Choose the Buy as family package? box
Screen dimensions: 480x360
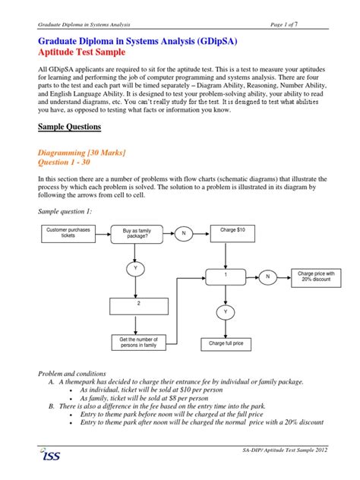pyautogui.click(x=135, y=233)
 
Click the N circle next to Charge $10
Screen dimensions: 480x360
pyautogui.click(x=183, y=234)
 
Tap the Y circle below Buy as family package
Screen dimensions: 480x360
pyautogui.click(x=135, y=268)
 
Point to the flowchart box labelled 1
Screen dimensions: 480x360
pyautogui.click(x=226, y=277)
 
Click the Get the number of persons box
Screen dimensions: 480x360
pyautogui.click(x=139, y=343)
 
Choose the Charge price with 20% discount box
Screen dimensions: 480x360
pyautogui.click(x=316, y=277)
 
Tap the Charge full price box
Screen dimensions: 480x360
pyautogui.click(x=226, y=343)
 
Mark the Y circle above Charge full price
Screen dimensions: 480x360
pyautogui.click(x=226, y=311)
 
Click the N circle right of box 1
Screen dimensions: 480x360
pyautogui.click(x=267, y=277)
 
